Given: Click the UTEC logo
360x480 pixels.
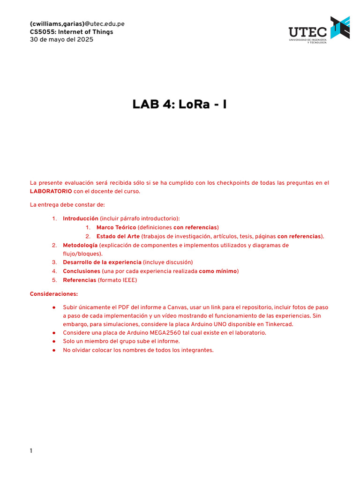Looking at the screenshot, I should pyautogui.click(x=319, y=30).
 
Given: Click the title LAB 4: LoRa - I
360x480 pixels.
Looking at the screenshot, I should pyautogui.click(x=180, y=104).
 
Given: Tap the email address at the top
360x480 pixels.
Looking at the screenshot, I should pyautogui.click(x=77, y=24).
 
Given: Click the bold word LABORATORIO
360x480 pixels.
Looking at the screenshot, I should pyautogui.click(x=51, y=191).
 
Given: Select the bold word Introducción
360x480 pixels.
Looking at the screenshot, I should pyautogui.click(x=81, y=218).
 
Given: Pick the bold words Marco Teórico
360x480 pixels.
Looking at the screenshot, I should pyautogui.click(x=116, y=227).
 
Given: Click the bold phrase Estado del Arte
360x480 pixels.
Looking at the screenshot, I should pyautogui.click(x=118, y=236).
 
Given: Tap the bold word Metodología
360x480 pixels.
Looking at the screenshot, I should pyautogui.click(x=80, y=245).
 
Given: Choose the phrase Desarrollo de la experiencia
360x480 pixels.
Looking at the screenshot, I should pyautogui.click(x=102, y=262).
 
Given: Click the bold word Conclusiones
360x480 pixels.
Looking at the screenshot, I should pyautogui.click(x=81, y=271).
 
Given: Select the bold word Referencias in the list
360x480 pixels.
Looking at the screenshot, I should pyautogui.click(x=80, y=280).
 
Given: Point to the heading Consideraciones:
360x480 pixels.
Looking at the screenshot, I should pyautogui.click(x=54, y=294).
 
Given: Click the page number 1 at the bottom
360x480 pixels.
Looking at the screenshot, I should pyautogui.click(x=31, y=451).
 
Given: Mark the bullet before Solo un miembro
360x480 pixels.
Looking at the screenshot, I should pyautogui.click(x=54, y=341).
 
